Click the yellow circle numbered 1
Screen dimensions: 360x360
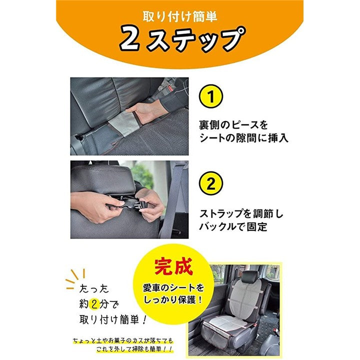pyautogui.click(x=211, y=96)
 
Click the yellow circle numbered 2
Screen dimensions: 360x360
pyautogui.click(x=211, y=183)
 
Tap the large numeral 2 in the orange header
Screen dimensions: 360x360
pyautogui.click(x=129, y=38)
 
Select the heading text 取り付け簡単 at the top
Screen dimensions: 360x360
pyautogui.click(x=180, y=16)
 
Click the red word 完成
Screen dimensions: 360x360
pyautogui.click(x=173, y=267)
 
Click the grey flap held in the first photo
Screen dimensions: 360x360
pyautogui.click(x=124, y=124)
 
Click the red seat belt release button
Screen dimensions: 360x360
pyautogui.click(x=170, y=87)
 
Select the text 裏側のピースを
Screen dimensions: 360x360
pyautogui.click(x=233, y=125)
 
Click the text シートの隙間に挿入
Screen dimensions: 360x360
pyautogui.click(x=243, y=138)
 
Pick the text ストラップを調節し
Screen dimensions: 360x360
pyautogui.click(x=241, y=214)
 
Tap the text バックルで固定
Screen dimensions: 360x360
pyautogui.click(x=233, y=227)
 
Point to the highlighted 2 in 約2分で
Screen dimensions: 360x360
pyautogui.click(x=93, y=304)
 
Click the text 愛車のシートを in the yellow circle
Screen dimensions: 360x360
pyautogui.click(x=173, y=287)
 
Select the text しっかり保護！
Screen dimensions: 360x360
pyautogui.click(x=173, y=300)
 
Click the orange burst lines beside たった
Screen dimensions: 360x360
pyautogui.click(x=75, y=278)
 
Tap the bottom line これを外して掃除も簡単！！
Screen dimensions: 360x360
pyautogui.click(x=134, y=349)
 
